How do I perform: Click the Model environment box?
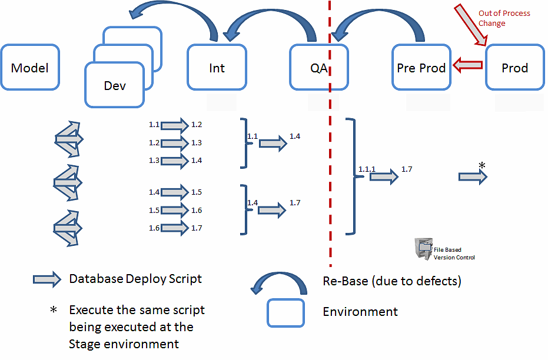tap(30, 67)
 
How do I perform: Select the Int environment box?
tap(217, 67)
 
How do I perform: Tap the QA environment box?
tap(318, 67)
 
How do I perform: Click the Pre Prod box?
tap(421, 67)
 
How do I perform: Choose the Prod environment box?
tap(514, 67)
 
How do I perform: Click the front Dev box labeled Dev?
tap(115, 85)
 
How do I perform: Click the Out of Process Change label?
tap(504, 18)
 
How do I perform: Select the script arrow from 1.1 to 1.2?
tap(174, 125)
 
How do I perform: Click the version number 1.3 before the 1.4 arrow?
tap(154, 161)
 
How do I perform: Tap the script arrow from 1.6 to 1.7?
tap(174, 228)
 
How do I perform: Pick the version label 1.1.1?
tap(367, 169)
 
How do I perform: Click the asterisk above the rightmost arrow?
tap(482, 166)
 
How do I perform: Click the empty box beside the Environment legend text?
tap(286, 312)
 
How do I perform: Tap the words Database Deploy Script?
tap(135, 279)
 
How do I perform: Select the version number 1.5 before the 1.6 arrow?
tap(154, 211)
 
